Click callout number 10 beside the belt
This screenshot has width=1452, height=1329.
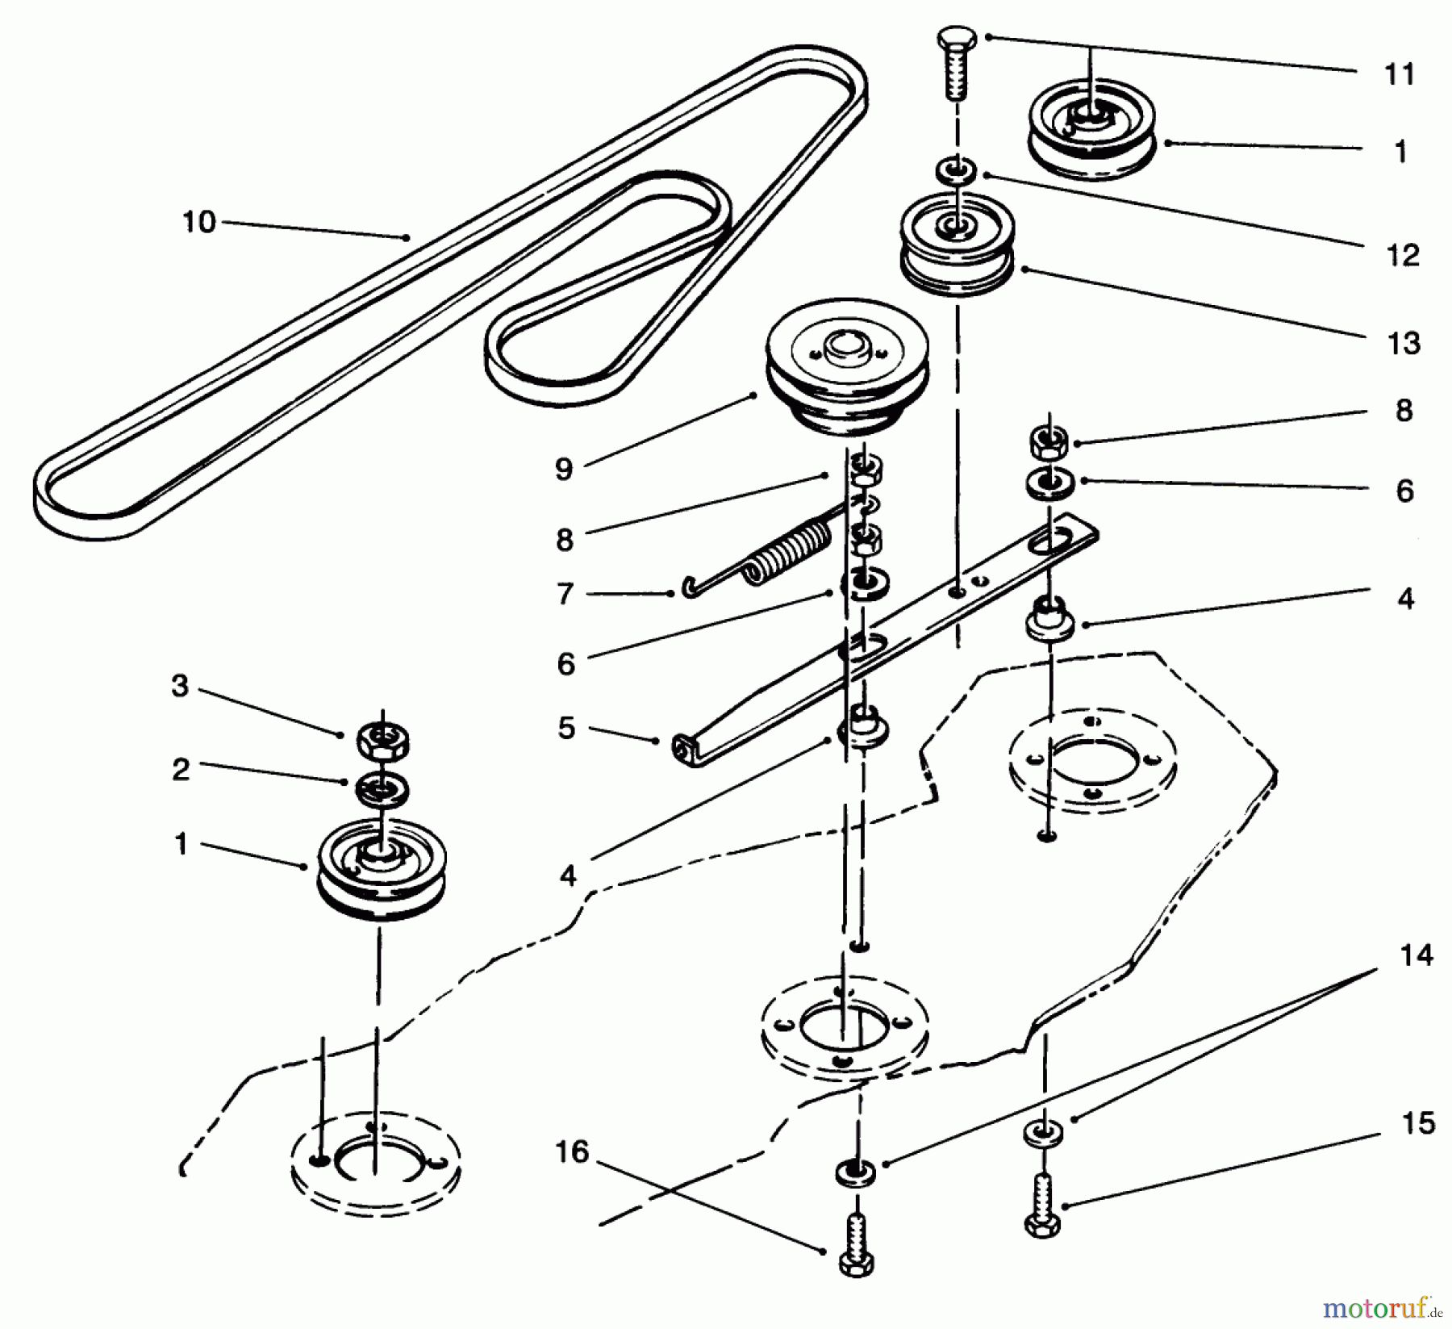[198, 222]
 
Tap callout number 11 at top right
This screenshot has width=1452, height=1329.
[1400, 74]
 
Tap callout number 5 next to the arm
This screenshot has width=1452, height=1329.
[567, 728]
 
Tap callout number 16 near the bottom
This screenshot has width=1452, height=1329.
[572, 1153]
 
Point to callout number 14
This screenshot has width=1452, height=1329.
[1417, 955]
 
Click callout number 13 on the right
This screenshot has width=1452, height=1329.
[1404, 343]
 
